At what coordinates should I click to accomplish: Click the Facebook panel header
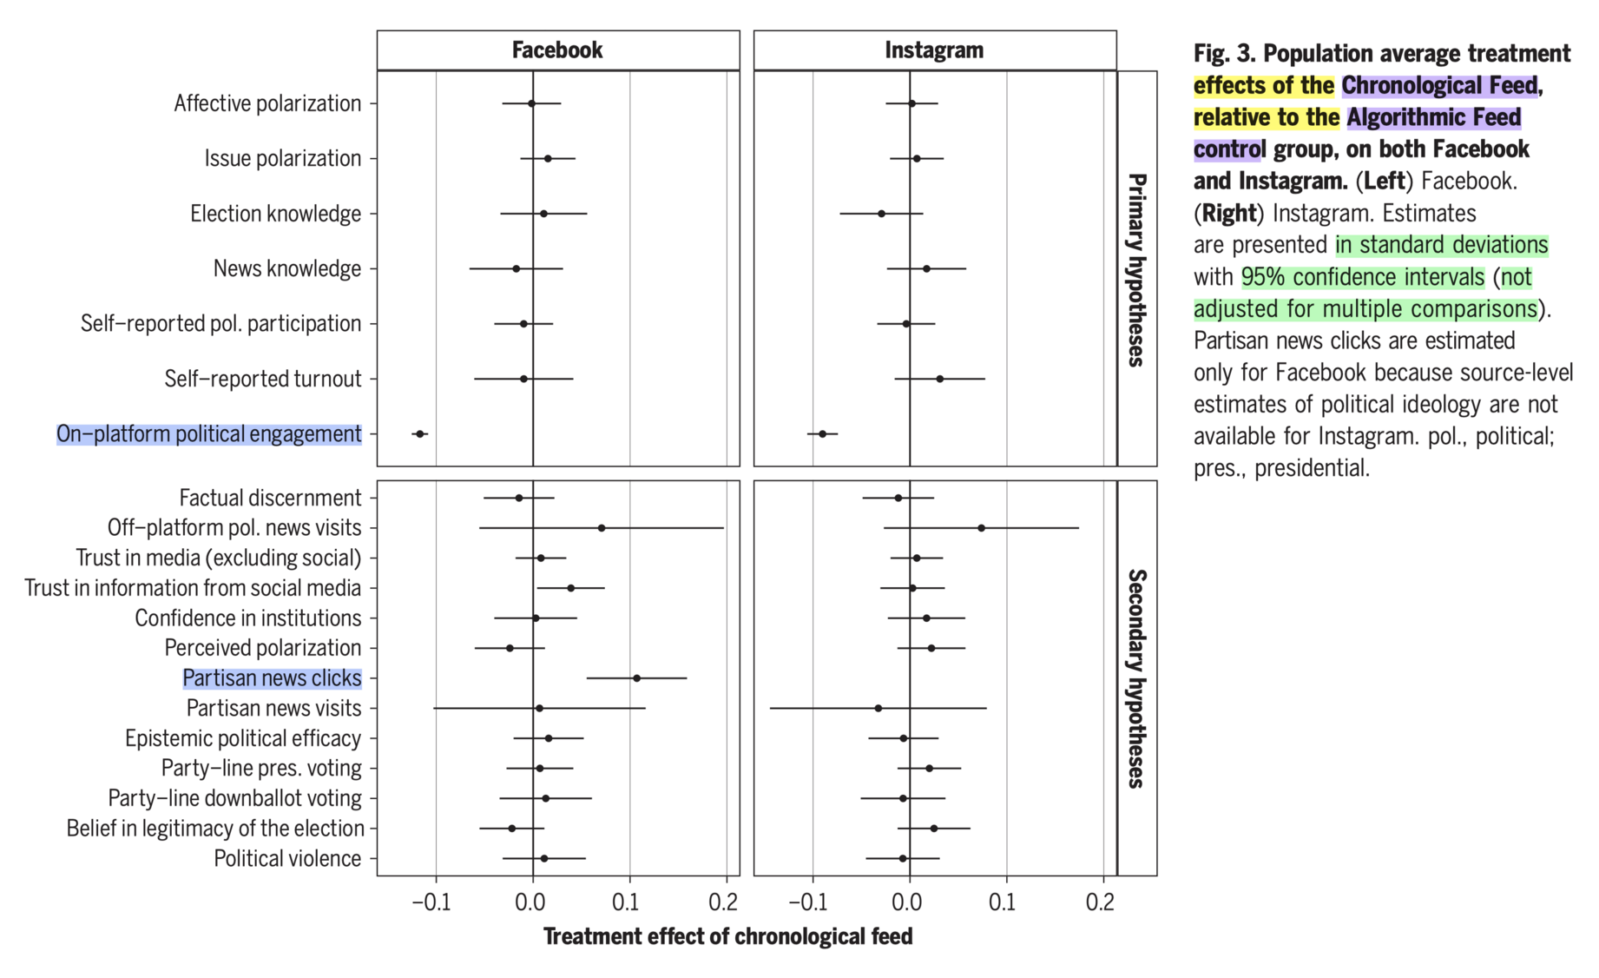point(557,50)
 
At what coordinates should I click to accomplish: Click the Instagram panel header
point(934,50)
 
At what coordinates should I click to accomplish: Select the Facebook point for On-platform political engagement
point(420,433)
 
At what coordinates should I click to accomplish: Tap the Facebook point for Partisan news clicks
point(636,677)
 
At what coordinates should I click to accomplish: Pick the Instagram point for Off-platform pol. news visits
point(981,528)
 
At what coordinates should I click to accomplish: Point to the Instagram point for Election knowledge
point(881,214)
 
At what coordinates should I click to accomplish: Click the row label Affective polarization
point(267,103)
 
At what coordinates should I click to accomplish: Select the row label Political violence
point(287,858)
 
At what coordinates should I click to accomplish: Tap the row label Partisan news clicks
point(272,677)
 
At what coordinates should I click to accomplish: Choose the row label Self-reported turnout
point(263,379)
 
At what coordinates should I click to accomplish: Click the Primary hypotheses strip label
point(1136,269)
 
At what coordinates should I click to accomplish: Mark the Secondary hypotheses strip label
point(1136,678)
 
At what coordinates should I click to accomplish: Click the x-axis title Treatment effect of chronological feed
point(727,936)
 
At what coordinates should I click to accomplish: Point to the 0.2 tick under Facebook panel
point(723,902)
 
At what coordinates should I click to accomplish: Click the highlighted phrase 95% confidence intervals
point(1363,277)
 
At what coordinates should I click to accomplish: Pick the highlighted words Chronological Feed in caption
point(1439,86)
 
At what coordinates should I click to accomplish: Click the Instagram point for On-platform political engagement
point(823,433)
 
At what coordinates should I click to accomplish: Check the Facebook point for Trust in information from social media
point(570,588)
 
